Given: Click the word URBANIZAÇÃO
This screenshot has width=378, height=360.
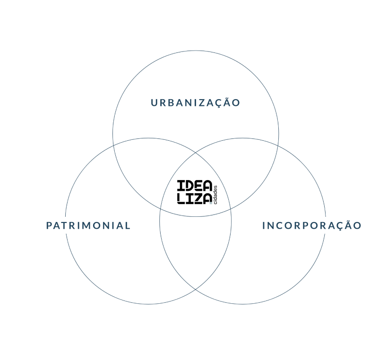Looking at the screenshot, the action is pos(195,103).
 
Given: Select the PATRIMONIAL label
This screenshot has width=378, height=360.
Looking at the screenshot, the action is pos(88,225).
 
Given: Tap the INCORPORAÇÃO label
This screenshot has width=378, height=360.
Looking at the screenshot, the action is pos(312,225).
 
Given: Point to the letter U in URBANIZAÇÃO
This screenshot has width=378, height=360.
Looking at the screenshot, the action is pos(155,103).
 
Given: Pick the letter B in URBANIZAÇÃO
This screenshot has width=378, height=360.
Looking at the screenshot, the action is pos(171,103).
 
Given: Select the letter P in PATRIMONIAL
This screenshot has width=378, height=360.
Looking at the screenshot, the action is pos(49,225).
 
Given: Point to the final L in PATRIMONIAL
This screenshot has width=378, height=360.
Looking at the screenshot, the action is pos(128,225).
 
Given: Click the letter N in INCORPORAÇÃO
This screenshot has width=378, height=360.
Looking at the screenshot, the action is pos(270,225).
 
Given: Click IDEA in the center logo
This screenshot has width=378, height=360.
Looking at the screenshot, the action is pos(195,185).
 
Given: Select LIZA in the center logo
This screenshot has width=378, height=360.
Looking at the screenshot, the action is pos(194,199).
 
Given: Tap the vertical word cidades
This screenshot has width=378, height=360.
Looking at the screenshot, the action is pos(215,195).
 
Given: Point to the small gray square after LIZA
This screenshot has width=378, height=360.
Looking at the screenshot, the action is pos(211,203).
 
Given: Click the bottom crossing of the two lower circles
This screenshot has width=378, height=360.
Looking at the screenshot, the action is pos(196,289).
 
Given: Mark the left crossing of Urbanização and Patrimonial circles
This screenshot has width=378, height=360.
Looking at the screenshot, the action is pos(113,146).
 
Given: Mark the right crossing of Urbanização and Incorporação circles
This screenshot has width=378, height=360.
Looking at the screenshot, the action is pos(278,146).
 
